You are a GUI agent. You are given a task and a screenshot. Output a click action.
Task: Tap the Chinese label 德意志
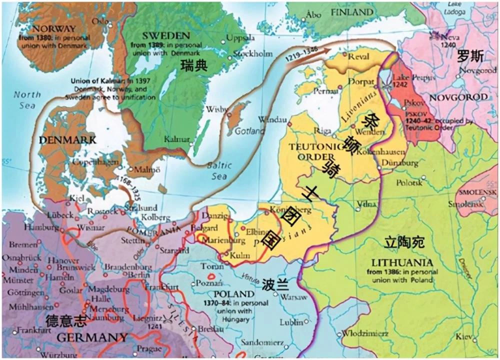[x=66, y=320]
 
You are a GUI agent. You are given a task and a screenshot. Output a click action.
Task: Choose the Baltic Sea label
[x=218, y=170]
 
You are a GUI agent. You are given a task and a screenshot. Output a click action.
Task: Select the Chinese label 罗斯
[x=470, y=56]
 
